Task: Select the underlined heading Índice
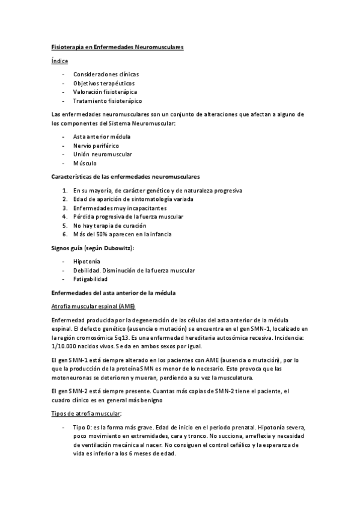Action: [59, 61]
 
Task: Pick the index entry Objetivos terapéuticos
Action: [103, 83]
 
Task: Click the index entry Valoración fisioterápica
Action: [105, 92]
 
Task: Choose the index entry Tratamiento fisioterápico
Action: [107, 101]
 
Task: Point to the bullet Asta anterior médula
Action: [102, 137]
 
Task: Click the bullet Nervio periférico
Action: [96, 146]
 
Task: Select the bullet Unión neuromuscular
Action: [102, 154]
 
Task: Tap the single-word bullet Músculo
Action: [85, 163]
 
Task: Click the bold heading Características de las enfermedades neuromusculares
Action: [126, 177]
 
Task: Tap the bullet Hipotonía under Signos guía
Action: [87, 262]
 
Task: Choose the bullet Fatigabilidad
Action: [90, 279]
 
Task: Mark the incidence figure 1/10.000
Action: [69, 346]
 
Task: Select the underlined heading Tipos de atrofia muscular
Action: [87, 413]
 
